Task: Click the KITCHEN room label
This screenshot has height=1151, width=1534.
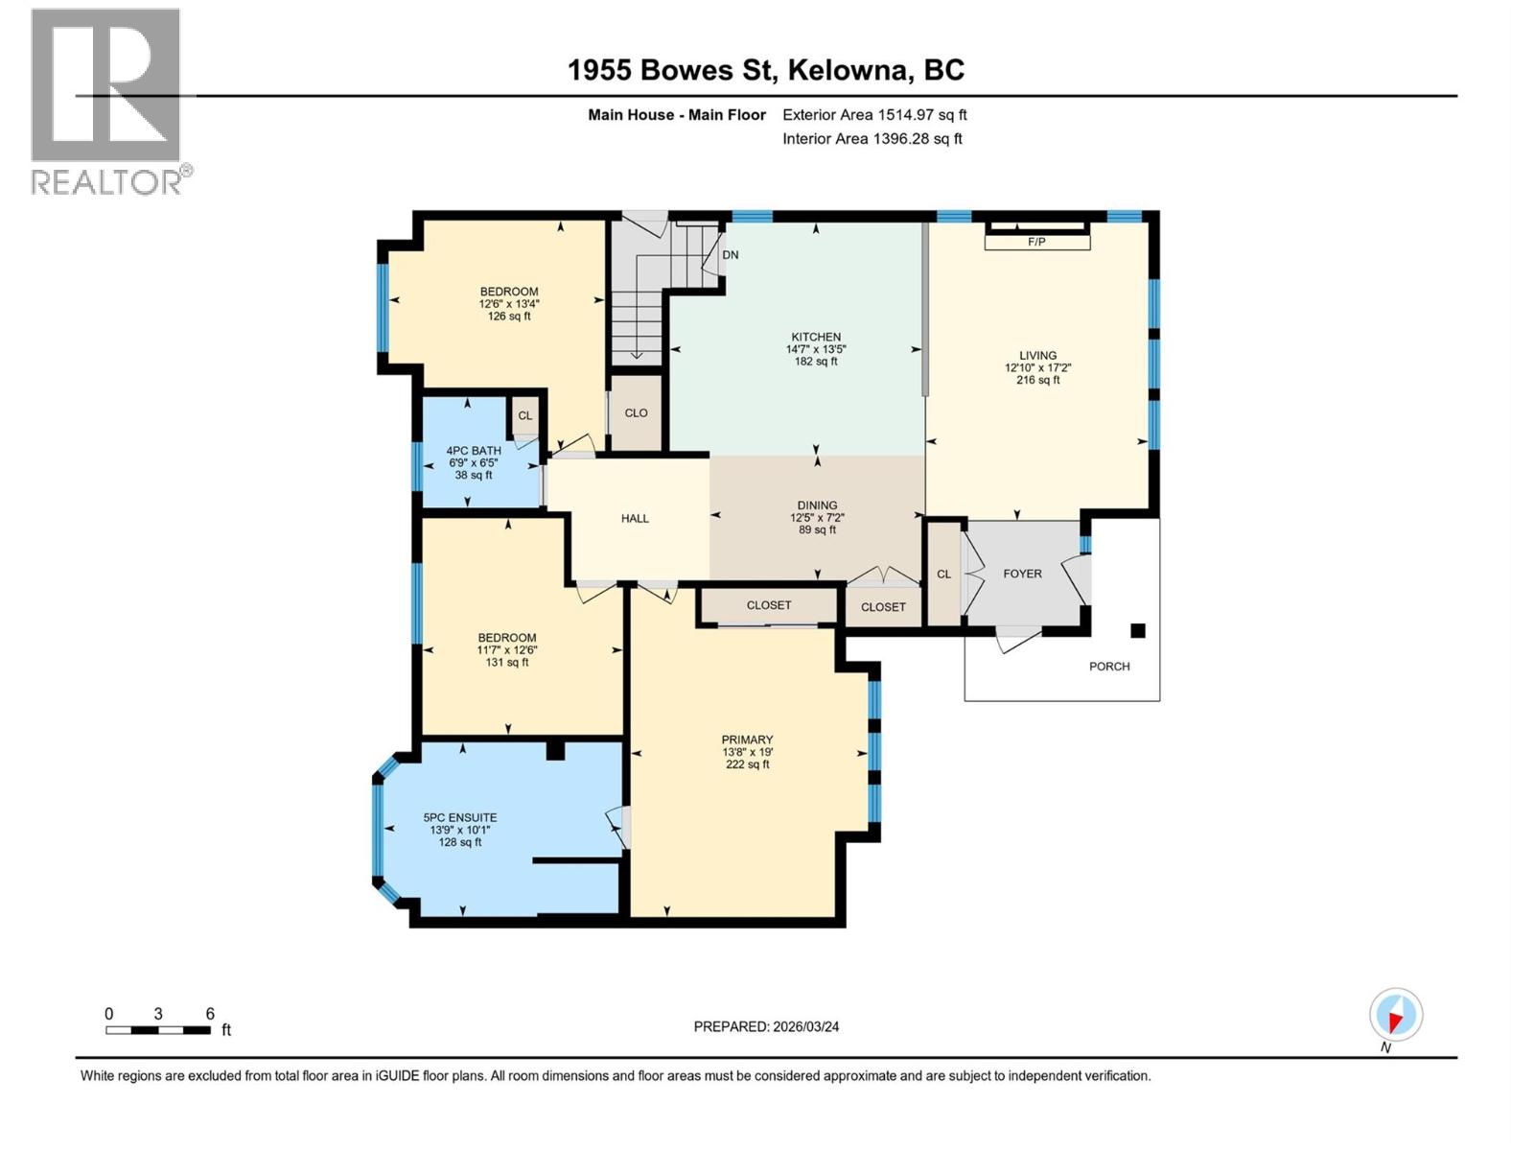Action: click(x=816, y=337)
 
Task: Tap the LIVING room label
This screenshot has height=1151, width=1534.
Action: click(x=1037, y=355)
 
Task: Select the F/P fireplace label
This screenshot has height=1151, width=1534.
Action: click(x=1036, y=242)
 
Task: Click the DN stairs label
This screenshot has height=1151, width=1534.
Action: click(x=731, y=255)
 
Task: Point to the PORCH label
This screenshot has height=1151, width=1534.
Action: click(x=1109, y=666)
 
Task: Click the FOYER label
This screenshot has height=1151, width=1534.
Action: click(x=1022, y=574)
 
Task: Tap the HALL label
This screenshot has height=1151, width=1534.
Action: click(x=635, y=518)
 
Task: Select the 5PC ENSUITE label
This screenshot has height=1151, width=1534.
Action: click(x=460, y=818)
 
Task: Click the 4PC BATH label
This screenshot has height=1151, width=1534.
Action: click(x=474, y=451)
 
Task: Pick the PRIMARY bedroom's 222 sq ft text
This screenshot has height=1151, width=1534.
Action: click(x=747, y=764)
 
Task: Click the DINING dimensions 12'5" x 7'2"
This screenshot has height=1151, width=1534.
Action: click(x=817, y=518)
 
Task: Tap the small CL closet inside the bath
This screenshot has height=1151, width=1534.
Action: click(x=525, y=415)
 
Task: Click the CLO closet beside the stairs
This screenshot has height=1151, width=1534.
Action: click(x=636, y=413)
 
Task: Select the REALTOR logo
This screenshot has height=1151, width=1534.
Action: click(x=107, y=101)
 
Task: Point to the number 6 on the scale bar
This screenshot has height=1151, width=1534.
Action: click(x=210, y=1014)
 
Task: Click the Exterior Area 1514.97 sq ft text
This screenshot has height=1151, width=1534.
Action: click(x=874, y=115)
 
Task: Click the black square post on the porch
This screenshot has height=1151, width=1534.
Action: click(x=1138, y=630)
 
